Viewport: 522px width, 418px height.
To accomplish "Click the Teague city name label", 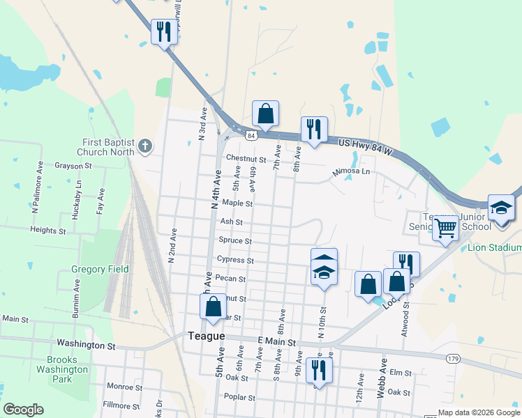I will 207,336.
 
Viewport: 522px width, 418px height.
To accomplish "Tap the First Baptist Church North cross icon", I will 144,146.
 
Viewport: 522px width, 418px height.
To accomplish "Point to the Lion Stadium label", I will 495,248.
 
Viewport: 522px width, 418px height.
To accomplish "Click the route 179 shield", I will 453,357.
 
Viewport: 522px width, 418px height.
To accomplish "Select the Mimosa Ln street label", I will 351,171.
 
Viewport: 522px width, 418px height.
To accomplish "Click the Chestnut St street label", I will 242,160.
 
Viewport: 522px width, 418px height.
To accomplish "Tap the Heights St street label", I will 48,230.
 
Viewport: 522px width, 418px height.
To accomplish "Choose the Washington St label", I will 86,345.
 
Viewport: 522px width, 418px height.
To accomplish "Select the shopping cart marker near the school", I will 445,227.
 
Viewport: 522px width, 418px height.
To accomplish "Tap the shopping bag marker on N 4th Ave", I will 213,307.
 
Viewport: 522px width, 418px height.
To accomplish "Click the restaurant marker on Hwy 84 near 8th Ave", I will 314,129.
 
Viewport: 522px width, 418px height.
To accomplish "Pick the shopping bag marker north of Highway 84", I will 265,113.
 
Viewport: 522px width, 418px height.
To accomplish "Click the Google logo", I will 23,410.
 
